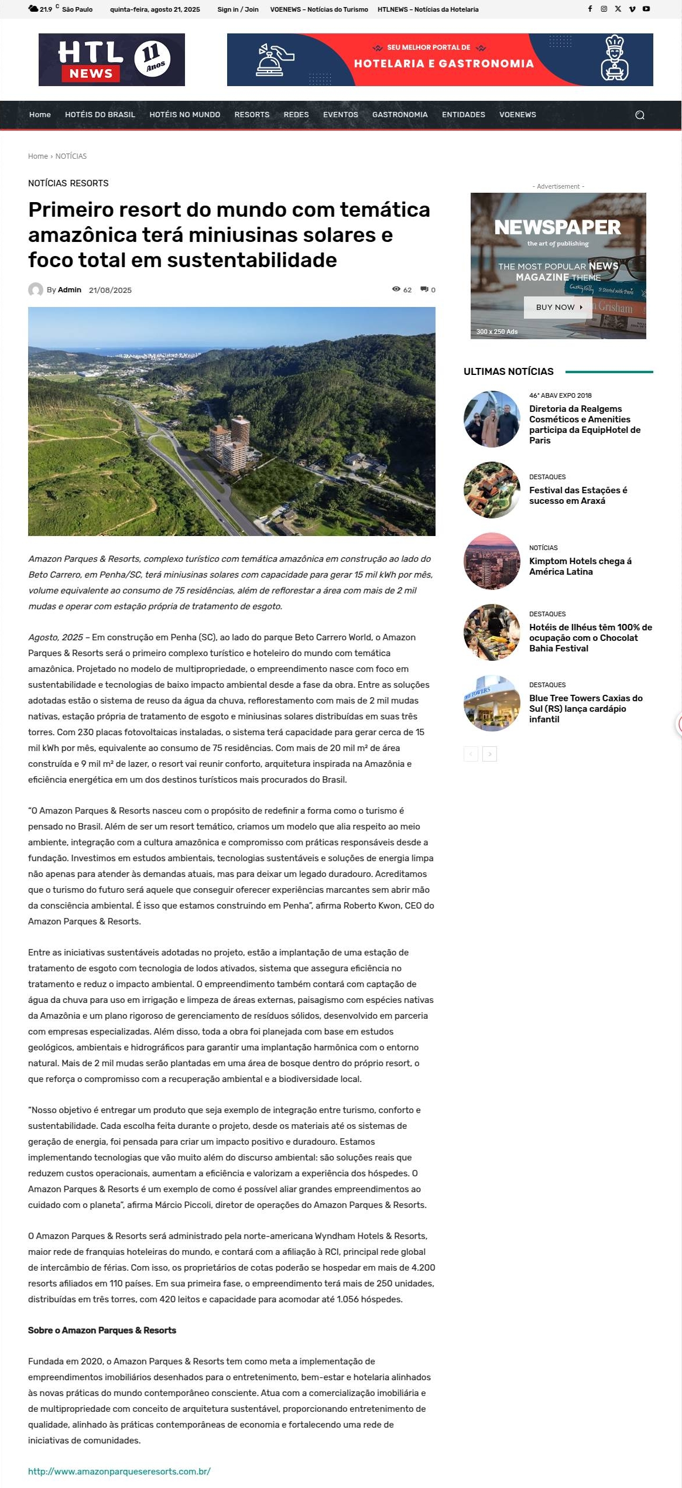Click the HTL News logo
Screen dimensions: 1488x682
pos(111,60)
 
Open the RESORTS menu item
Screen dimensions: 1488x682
pos(252,115)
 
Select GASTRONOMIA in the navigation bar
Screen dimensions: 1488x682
pos(400,115)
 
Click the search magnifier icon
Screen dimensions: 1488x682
pos(640,115)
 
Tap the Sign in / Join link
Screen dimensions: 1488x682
pos(238,9)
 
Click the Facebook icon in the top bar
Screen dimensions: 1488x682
pos(590,9)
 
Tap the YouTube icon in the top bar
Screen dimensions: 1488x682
pos(646,9)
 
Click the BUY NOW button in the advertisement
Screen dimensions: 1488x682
pos(558,307)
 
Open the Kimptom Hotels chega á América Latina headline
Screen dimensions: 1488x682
pos(580,566)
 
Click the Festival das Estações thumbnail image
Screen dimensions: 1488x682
pos(492,490)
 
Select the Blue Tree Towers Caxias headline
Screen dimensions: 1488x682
pos(585,708)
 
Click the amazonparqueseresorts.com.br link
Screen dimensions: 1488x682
pos(119,1471)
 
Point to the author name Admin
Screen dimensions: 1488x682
pos(70,290)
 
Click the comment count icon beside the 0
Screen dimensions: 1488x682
pos(424,289)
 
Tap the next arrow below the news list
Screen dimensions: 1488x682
pos(490,754)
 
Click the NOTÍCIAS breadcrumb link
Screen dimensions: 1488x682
pos(71,156)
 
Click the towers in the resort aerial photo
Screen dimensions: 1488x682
pos(231,442)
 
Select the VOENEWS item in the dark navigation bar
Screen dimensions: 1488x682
pos(518,115)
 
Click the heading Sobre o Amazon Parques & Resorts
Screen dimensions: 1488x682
pos(102,1330)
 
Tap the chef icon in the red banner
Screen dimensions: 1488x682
pos(614,59)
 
